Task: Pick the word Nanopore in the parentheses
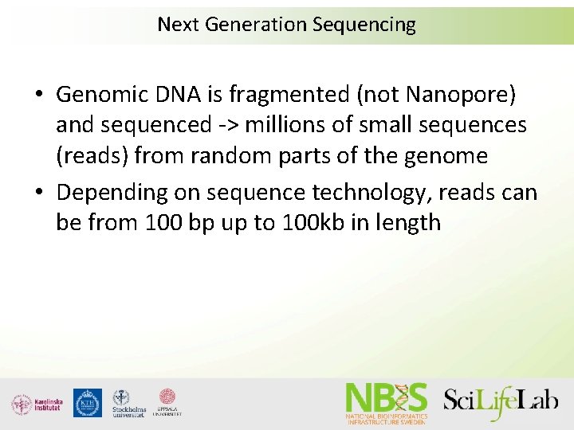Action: point(461,96)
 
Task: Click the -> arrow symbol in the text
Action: point(222,126)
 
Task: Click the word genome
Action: point(444,156)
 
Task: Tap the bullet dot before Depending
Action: point(39,193)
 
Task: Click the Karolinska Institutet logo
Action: point(37,404)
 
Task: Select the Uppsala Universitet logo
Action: point(167,402)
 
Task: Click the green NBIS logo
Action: point(387,403)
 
